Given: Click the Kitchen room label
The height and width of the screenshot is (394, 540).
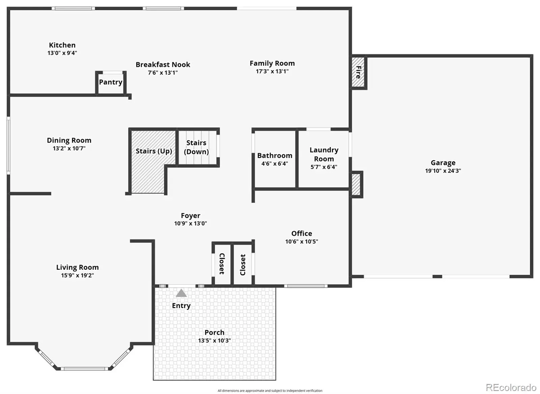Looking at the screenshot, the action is point(62,45).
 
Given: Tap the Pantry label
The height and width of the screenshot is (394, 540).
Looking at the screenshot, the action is point(111,82).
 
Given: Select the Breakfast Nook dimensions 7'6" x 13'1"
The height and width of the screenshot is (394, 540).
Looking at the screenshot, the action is point(163,73).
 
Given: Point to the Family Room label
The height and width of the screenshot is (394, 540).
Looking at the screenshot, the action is point(272,63).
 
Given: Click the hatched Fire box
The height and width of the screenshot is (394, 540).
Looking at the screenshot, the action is point(358,72).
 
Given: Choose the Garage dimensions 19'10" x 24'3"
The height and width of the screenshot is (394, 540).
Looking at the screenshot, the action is point(443,171).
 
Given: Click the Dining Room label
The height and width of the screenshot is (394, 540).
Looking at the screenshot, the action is point(69,140).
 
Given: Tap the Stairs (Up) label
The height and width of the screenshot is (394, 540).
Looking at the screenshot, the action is point(154,151).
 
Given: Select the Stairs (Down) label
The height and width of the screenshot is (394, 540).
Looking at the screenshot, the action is point(196,147).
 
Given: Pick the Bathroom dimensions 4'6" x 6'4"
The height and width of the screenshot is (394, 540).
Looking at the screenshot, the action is point(275,163).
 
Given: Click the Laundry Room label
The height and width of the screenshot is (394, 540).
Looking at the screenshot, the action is point(324,154).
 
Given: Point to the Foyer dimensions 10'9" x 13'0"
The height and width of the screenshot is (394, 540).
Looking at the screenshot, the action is point(190,223).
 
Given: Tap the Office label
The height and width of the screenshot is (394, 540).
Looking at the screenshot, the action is point(302,233).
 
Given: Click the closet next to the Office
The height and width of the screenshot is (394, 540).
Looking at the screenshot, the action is point(243,264).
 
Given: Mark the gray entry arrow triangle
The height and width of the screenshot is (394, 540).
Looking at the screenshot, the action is point(181,293).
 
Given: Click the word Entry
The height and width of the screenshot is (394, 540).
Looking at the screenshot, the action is point(181,306).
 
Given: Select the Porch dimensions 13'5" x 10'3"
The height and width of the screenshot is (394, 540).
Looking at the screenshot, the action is point(214,340).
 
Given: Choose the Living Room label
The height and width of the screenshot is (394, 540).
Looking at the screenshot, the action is point(77,267).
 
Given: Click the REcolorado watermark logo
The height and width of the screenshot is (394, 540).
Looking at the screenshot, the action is point(511,388).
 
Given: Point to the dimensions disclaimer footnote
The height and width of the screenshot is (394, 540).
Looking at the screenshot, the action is point(270,391).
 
